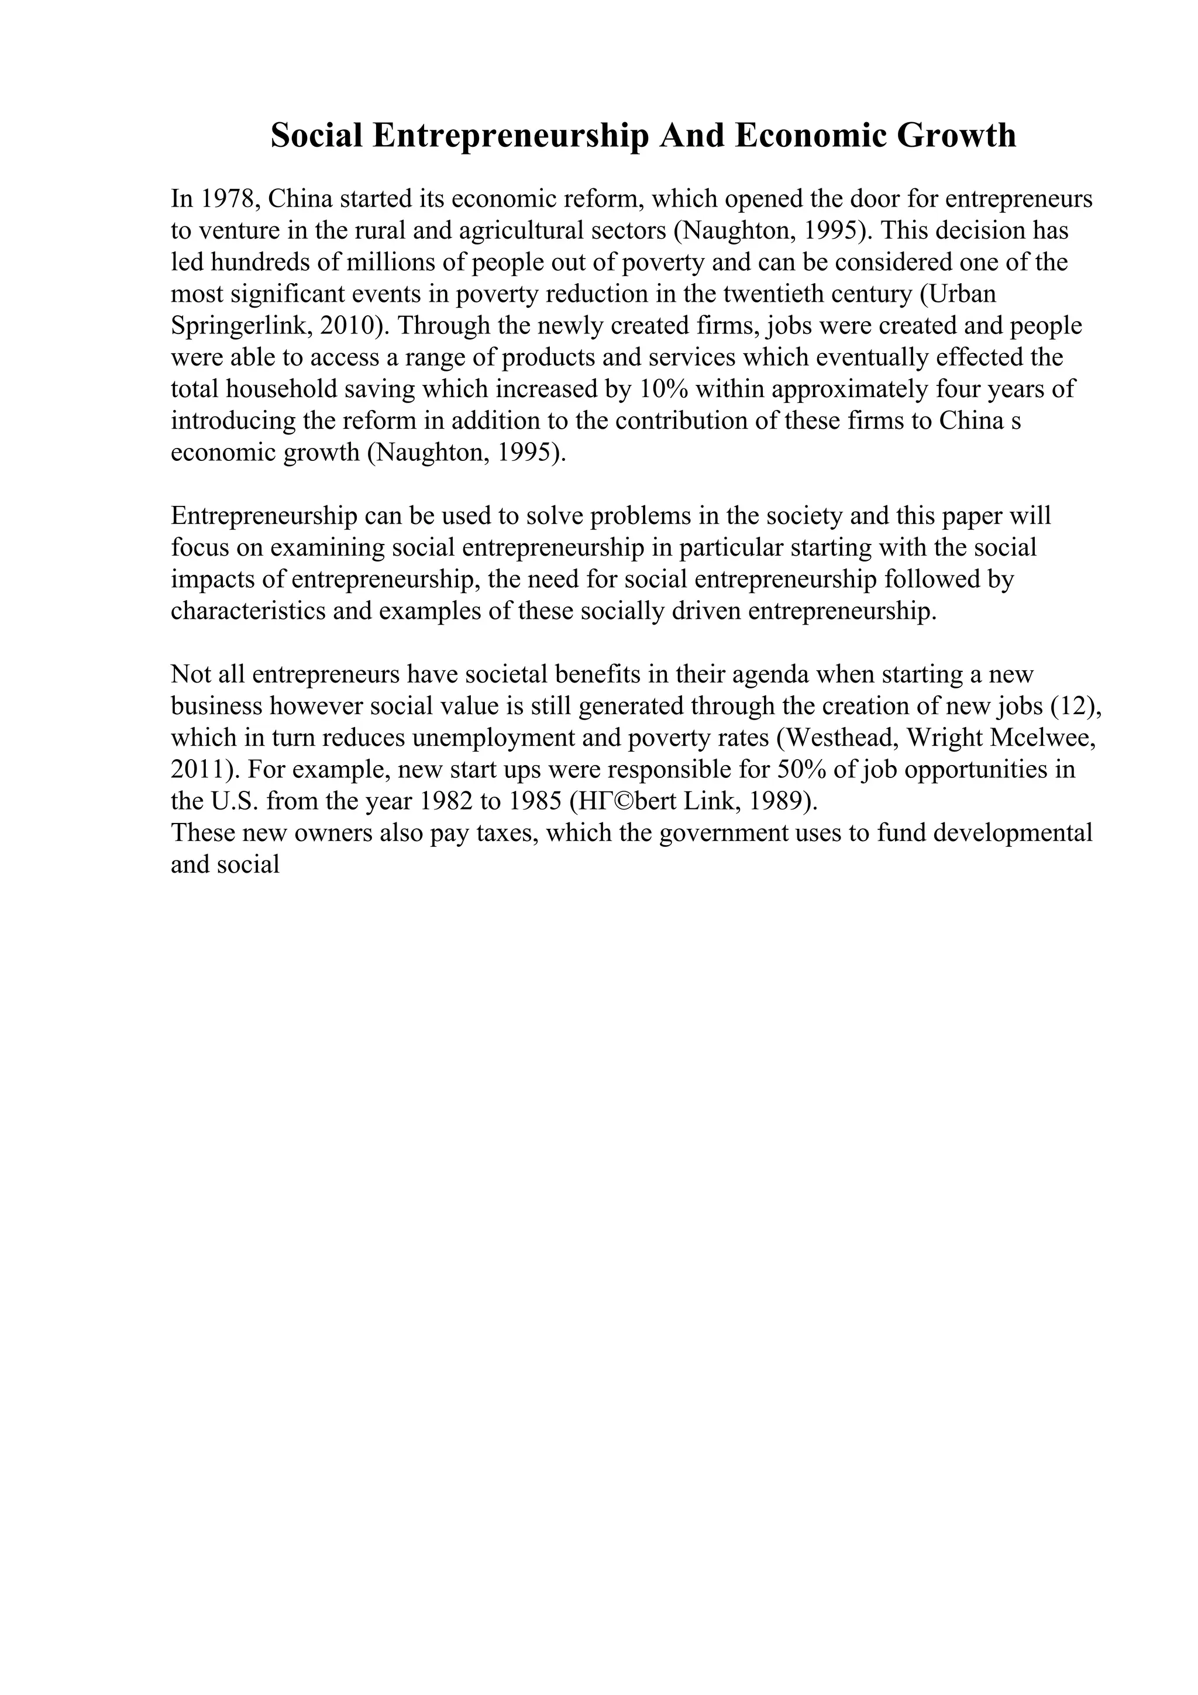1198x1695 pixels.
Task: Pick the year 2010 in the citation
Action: tap(344, 326)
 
